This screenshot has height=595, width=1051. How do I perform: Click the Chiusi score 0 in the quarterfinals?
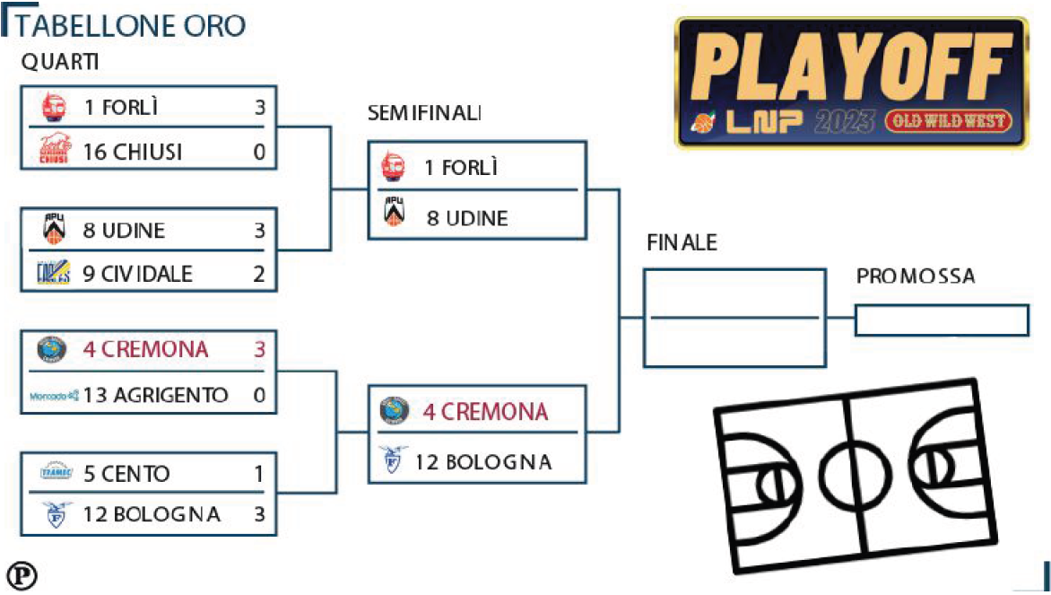tap(259, 153)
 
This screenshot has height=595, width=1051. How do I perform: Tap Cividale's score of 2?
tap(259, 274)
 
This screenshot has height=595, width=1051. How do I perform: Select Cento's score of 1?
tap(259, 474)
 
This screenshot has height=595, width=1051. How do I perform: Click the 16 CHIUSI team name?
tap(133, 153)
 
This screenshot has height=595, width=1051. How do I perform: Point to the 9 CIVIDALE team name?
tap(137, 274)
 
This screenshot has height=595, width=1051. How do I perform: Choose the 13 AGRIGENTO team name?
tap(155, 395)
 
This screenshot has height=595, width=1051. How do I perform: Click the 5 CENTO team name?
tap(126, 474)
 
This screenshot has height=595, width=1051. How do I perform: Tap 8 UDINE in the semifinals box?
tap(467, 218)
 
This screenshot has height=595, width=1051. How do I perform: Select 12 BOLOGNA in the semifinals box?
tap(483, 462)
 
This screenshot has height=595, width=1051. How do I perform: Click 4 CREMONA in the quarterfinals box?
tap(145, 349)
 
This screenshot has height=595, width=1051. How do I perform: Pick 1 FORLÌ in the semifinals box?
tap(461, 167)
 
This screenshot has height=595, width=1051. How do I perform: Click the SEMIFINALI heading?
tap(424, 113)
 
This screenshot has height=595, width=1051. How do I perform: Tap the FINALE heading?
tap(682, 242)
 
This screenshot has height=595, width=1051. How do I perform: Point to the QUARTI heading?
tap(60, 62)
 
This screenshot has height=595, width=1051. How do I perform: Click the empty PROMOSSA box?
tap(942, 320)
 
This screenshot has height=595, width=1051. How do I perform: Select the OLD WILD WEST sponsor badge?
tap(949, 121)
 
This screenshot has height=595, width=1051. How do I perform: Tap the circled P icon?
tap(22, 575)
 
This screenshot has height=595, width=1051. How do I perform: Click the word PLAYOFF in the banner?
tap(851, 66)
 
